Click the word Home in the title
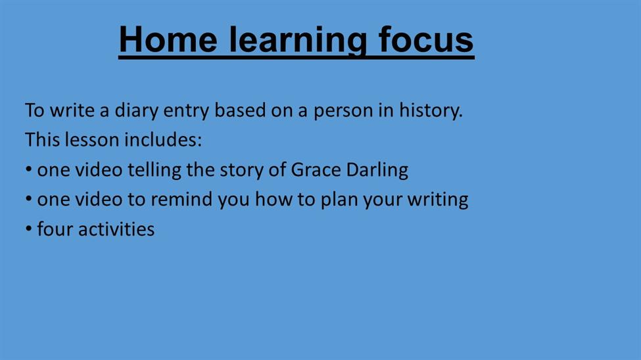coord(168,39)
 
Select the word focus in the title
coord(426,39)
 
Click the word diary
coord(136,111)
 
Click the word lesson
coord(92,140)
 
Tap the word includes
coord(163,140)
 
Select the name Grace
coord(316,170)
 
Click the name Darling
coord(377,171)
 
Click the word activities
coord(116,229)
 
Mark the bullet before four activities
coord(29,229)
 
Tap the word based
coord(240,110)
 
